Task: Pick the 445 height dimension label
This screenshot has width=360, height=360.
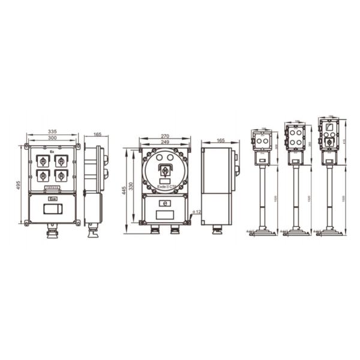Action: (x=125, y=191)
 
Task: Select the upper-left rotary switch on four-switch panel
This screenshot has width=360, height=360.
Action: (x=43, y=161)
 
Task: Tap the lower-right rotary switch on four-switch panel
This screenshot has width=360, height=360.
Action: (x=61, y=176)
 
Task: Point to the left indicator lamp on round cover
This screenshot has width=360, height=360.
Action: (x=160, y=158)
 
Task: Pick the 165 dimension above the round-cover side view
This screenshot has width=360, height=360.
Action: (x=220, y=140)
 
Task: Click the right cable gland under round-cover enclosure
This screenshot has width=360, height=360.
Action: (x=175, y=230)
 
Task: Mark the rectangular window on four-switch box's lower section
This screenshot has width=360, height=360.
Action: (x=52, y=209)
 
